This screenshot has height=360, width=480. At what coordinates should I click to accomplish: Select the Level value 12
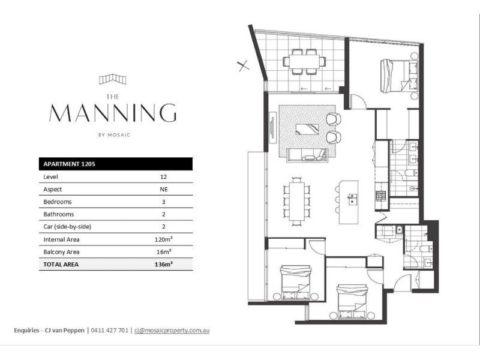[163, 177]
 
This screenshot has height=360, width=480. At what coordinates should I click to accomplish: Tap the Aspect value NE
[164, 190]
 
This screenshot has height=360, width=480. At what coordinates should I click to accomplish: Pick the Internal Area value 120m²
[163, 239]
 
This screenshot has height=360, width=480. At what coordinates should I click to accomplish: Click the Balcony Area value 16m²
[163, 252]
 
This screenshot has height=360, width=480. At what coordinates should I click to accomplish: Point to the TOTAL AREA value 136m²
[163, 265]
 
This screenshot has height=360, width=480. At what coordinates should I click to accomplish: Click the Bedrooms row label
[58, 202]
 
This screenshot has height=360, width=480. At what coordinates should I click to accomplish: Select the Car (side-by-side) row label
[67, 227]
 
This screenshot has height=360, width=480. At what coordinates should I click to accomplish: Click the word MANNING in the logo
[113, 113]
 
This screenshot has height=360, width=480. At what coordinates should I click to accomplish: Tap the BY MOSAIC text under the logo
[115, 135]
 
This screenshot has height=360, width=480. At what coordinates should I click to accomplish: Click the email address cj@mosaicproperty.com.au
[172, 331]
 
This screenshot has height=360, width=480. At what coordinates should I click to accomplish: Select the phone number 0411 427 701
[110, 331]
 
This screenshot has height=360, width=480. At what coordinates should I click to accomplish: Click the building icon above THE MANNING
[113, 79]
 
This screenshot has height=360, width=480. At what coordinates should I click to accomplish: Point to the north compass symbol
[243, 65]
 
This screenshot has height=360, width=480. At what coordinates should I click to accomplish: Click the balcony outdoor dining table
[304, 62]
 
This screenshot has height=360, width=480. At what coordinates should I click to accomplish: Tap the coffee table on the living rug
[307, 129]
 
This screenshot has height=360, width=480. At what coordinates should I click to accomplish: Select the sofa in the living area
[307, 155]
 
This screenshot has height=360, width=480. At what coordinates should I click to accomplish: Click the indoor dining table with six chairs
[297, 202]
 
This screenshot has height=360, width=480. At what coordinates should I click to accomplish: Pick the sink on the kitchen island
[352, 199]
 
